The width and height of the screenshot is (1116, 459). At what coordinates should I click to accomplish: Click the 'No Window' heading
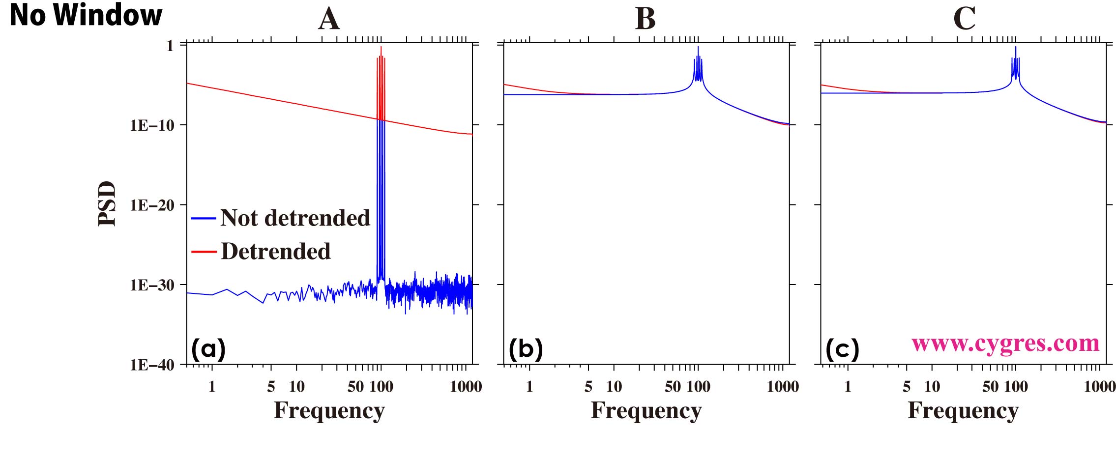pyautogui.click(x=86, y=15)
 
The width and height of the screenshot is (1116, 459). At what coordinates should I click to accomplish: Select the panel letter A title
pyautogui.click(x=329, y=19)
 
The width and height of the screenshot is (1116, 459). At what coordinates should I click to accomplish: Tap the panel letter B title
pyautogui.click(x=645, y=19)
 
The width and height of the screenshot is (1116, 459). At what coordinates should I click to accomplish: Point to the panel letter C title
pyautogui.click(x=964, y=19)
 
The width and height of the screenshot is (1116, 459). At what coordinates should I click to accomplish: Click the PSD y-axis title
pyautogui.click(x=107, y=203)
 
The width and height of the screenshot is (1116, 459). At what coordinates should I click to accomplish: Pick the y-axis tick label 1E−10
pyautogui.click(x=152, y=125)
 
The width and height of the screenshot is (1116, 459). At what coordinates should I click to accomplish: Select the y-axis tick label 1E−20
pyautogui.click(x=152, y=205)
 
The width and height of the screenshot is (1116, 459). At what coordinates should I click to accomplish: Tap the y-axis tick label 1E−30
pyautogui.click(x=152, y=285)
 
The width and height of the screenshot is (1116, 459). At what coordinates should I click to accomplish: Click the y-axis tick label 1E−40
pyautogui.click(x=152, y=365)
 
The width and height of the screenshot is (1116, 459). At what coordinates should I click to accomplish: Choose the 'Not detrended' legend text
pyautogui.click(x=295, y=218)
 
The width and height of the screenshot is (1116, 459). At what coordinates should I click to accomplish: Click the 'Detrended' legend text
pyautogui.click(x=276, y=251)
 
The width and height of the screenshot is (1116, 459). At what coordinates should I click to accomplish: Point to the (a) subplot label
pyautogui.click(x=208, y=349)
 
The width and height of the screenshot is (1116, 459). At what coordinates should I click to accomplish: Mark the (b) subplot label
pyautogui.click(x=526, y=349)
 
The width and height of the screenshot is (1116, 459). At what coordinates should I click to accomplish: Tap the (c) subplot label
pyautogui.click(x=842, y=349)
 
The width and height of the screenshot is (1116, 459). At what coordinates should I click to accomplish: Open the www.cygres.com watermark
pyautogui.click(x=1005, y=344)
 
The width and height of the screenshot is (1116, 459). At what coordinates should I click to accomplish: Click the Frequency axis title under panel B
pyautogui.click(x=646, y=410)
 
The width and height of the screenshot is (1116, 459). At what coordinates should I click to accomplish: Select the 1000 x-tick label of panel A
pyautogui.click(x=466, y=387)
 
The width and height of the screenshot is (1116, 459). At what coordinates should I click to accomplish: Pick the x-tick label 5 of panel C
pyautogui.click(x=907, y=387)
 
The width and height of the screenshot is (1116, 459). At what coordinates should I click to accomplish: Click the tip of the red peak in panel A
pyautogui.click(x=381, y=47)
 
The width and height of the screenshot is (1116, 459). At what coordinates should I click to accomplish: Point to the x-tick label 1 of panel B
pyautogui.click(x=529, y=387)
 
